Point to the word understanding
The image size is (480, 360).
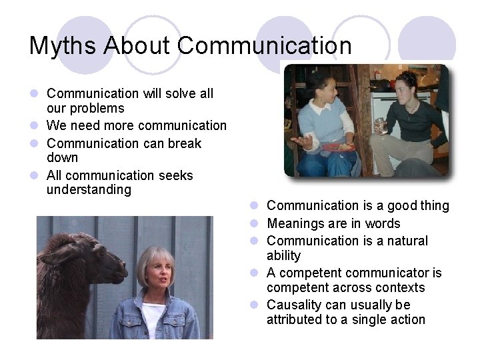click(x=89, y=190)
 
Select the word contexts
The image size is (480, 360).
click(x=401, y=288)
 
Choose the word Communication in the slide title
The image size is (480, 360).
click(x=265, y=46)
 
